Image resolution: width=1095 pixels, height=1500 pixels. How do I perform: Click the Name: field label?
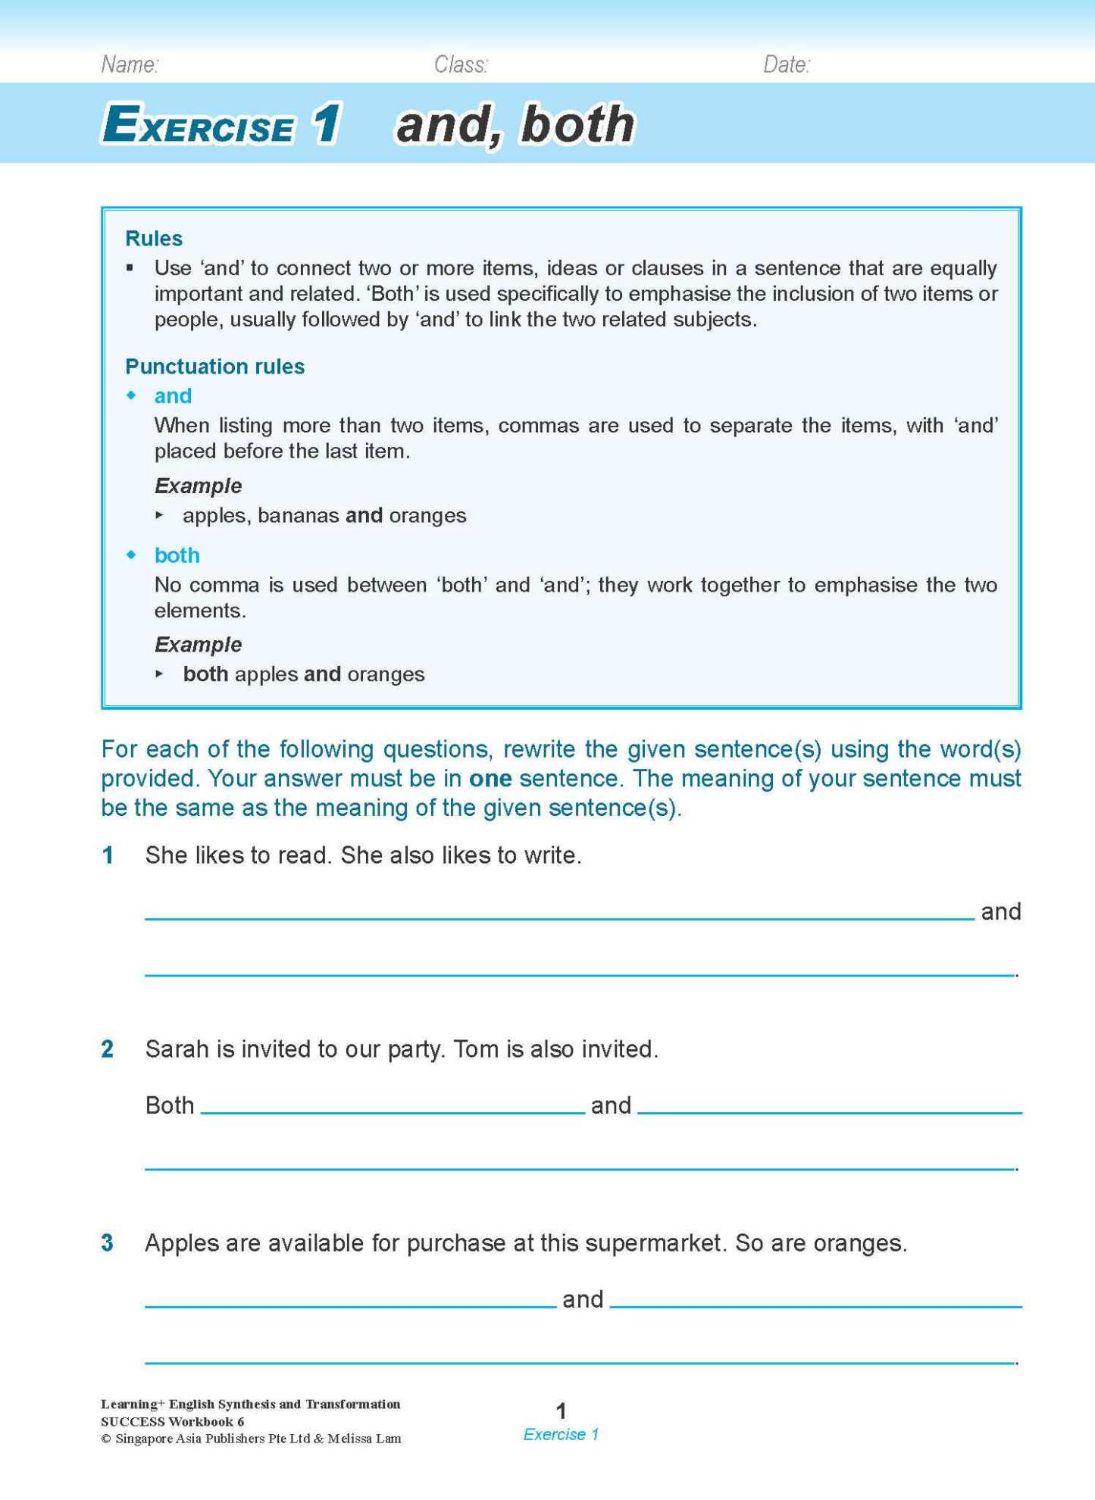point(130,65)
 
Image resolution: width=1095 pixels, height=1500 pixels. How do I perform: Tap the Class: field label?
point(460,65)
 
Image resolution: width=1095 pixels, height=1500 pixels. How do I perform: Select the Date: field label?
point(786,65)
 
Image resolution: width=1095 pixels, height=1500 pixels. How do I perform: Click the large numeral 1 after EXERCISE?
point(327,124)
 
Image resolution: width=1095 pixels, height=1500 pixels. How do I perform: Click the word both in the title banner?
point(577,124)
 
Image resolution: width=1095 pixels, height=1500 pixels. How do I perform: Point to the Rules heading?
point(154,239)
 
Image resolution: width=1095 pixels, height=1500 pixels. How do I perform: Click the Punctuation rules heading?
point(214,367)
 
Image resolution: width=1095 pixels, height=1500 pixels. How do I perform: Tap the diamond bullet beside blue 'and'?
point(132,395)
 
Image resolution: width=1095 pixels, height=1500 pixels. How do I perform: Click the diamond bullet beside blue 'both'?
point(132,555)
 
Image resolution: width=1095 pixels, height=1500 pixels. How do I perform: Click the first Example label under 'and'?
point(198,486)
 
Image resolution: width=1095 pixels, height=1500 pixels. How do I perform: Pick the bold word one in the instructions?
point(490,779)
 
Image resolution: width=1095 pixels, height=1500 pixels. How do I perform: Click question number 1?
point(108,855)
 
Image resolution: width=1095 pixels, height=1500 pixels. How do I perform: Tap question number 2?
point(108,1049)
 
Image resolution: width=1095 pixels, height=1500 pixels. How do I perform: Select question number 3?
point(108,1243)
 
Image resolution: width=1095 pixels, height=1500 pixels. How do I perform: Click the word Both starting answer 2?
point(170,1106)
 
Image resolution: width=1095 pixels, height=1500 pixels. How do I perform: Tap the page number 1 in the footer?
point(561,1411)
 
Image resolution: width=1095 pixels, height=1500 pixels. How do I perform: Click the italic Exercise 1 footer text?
point(561,1435)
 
